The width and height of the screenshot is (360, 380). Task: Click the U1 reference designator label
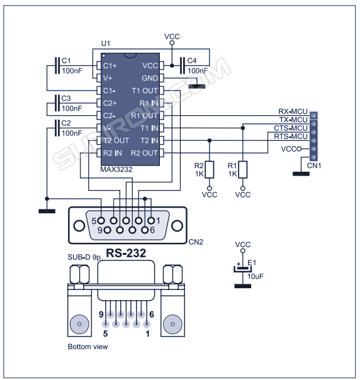point(106,43)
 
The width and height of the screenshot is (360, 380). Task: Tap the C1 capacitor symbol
point(58,65)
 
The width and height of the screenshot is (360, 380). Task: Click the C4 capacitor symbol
point(182,65)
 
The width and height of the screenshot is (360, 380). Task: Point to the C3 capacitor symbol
point(58,103)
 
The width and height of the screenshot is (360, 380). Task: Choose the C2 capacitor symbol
point(58,127)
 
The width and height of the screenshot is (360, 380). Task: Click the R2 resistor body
point(210,169)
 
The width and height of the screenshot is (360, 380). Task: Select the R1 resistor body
point(243,169)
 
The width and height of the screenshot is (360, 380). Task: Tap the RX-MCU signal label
point(293,111)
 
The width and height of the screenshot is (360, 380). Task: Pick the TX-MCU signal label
point(293,120)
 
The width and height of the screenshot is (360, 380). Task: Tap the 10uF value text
point(256,276)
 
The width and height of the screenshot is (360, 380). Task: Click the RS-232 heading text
point(126,254)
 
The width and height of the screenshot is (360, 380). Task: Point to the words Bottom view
point(87,347)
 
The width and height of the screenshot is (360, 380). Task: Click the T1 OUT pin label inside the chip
point(145,90)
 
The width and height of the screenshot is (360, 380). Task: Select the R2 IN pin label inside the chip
point(113,152)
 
